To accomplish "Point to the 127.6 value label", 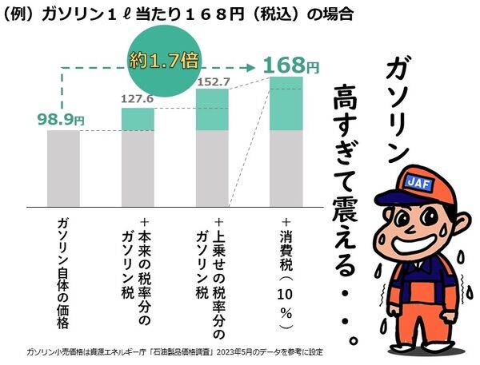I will [137, 100].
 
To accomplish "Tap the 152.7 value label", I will [212, 81].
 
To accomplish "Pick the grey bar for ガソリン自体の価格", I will [63, 167].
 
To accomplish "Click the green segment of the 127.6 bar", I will [138, 119].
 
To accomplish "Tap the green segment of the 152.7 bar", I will [212, 109].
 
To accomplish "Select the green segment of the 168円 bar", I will [287, 103].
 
